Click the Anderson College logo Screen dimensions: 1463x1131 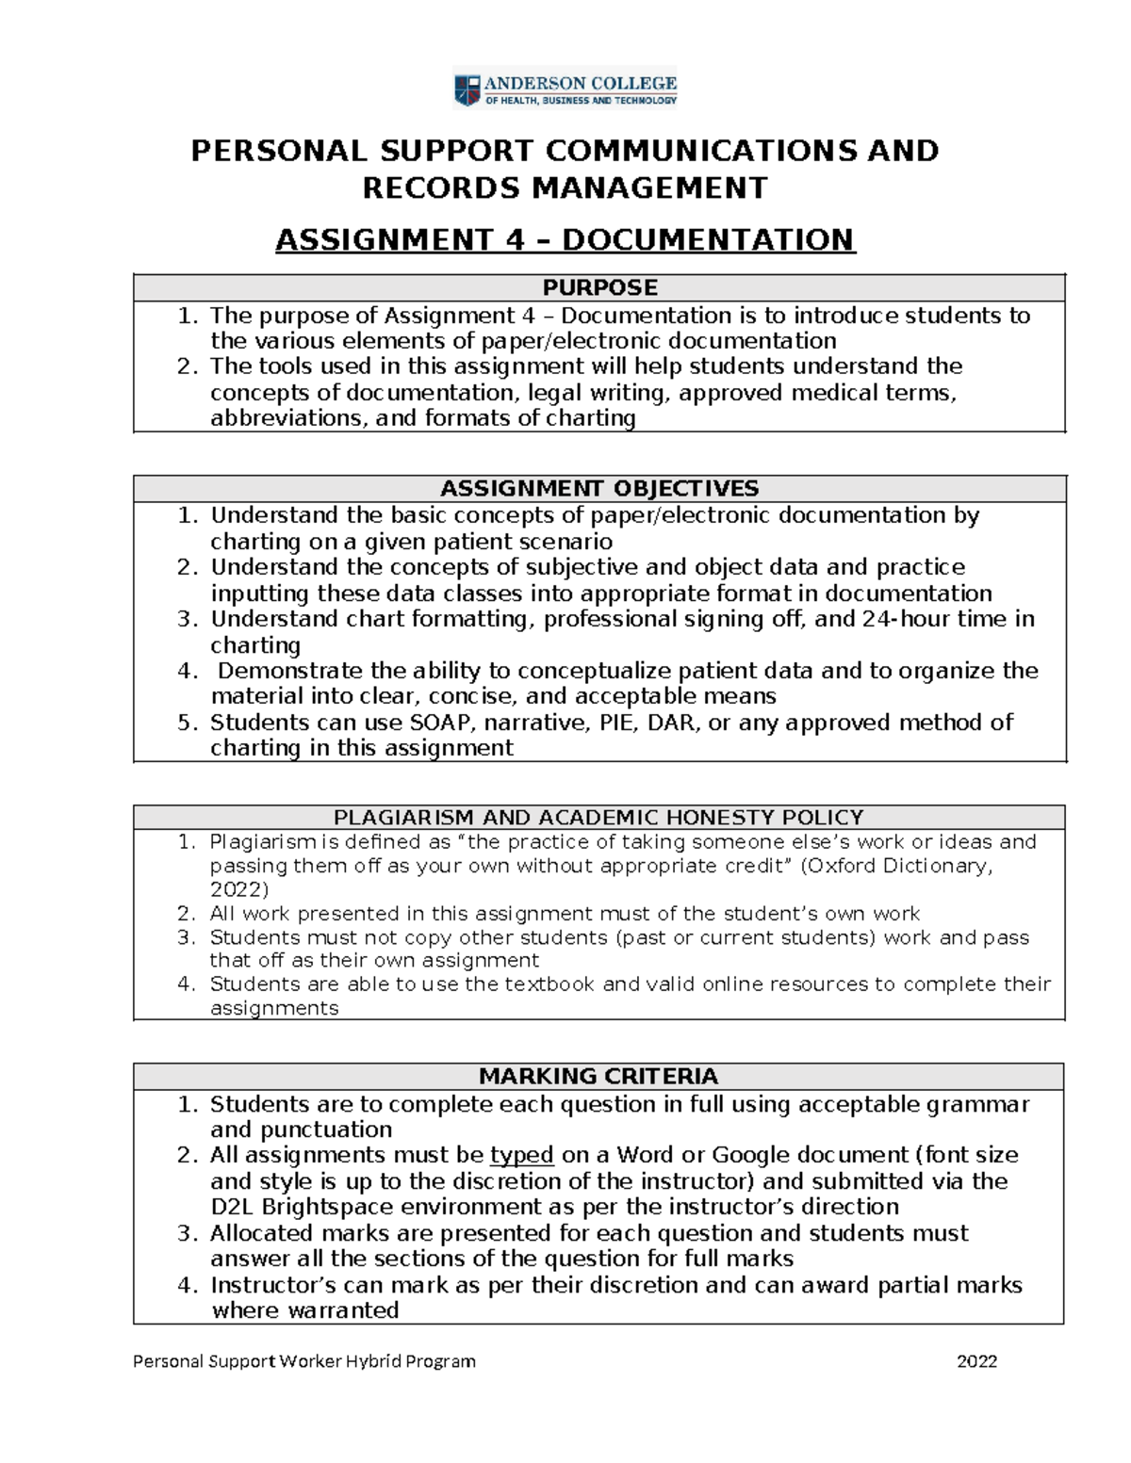565,91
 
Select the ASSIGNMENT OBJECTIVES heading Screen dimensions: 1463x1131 599,488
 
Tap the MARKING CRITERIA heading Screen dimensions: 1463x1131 598,1076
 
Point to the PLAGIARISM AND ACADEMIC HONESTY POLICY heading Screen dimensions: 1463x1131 598,817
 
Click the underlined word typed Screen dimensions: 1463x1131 521,1155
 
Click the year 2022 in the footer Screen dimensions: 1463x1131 976,1360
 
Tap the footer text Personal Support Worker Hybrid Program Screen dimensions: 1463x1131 304,1360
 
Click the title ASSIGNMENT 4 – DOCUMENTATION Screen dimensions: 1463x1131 565,240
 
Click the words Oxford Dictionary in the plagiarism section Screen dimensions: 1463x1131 897,866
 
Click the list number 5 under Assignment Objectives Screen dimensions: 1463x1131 187,723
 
